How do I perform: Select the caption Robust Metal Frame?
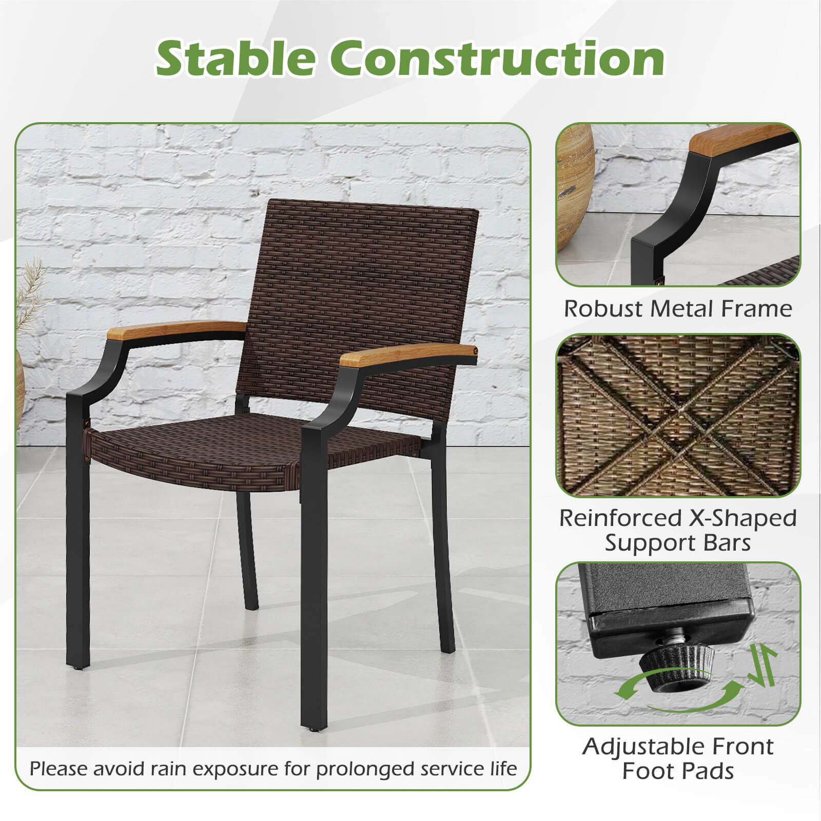click(678, 309)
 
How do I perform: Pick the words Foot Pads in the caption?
click(678, 771)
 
